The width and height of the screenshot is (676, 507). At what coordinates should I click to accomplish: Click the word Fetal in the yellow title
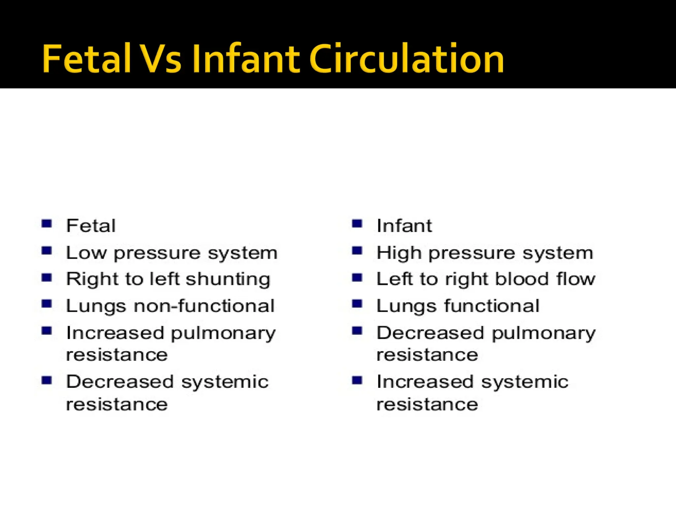pyautogui.click(x=86, y=59)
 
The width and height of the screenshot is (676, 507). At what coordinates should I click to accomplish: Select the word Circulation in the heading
pyautogui.click(x=407, y=59)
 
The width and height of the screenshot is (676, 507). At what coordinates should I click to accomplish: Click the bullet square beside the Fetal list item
pyautogui.click(x=47, y=224)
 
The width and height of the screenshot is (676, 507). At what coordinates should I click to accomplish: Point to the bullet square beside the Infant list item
pyautogui.click(x=357, y=224)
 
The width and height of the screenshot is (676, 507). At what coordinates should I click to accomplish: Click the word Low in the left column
pyautogui.click(x=86, y=253)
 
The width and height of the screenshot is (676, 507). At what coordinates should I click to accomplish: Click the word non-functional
pyautogui.click(x=204, y=306)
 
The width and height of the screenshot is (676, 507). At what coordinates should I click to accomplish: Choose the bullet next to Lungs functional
pyautogui.click(x=357, y=303)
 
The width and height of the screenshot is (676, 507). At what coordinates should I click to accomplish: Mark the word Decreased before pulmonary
pyautogui.click(x=430, y=333)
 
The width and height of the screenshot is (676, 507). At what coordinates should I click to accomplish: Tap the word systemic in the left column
pyautogui.click(x=225, y=383)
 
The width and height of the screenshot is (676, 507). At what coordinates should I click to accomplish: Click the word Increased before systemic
pyautogui.click(x=425, y=382)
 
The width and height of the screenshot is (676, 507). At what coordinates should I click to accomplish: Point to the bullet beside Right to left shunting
pyautogui.click(x=47, y=277)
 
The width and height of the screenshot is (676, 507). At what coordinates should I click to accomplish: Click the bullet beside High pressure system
pyautogui.click(x=357, y=251)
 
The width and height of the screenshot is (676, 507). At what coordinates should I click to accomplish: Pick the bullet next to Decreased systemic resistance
pyautogui.click(x=47, y=381)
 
